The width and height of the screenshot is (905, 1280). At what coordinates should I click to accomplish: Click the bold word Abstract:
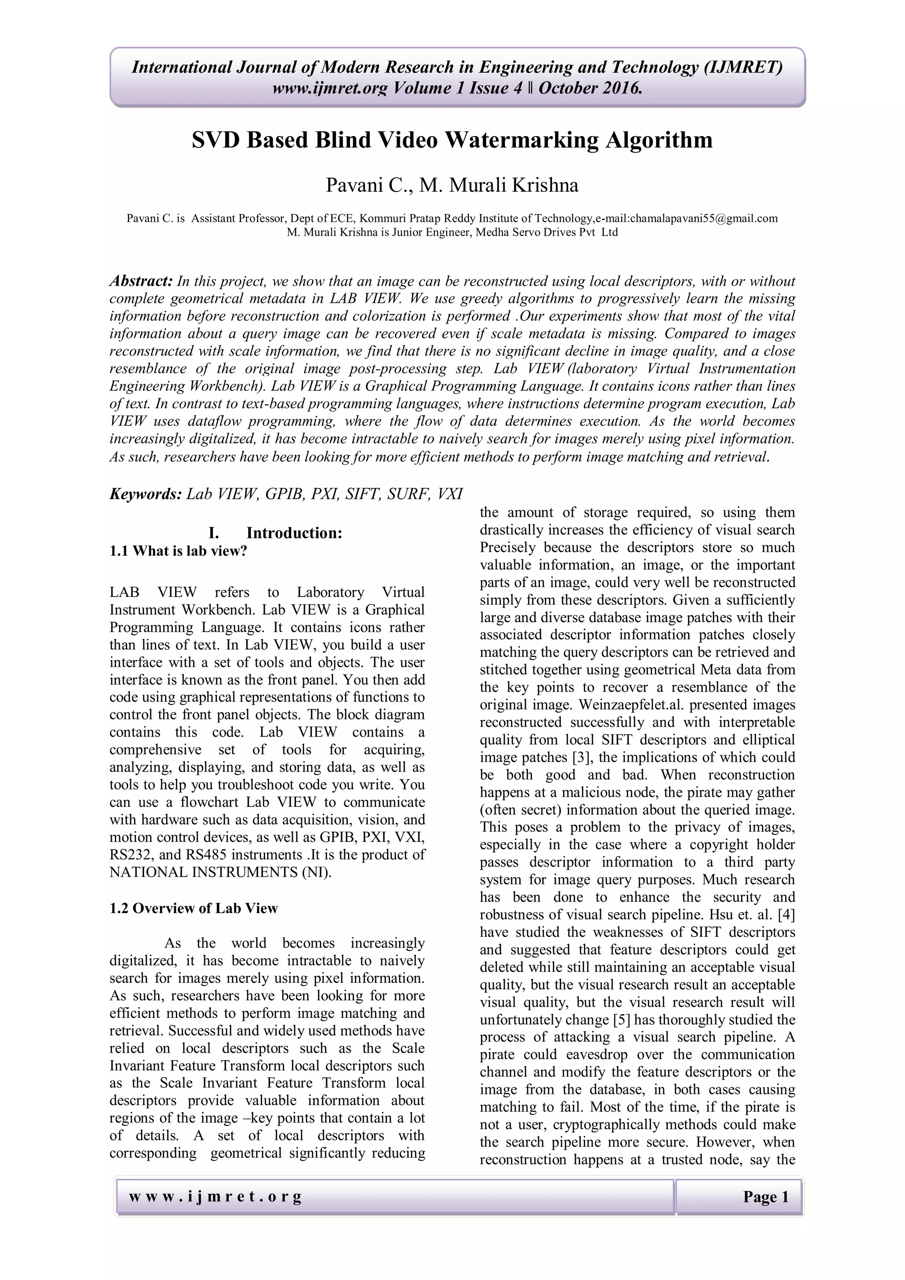tap(141, 281)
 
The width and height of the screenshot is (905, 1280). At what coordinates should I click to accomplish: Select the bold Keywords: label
tap(145, 494)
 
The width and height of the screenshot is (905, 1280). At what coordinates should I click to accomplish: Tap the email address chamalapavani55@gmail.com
tap(703, 218)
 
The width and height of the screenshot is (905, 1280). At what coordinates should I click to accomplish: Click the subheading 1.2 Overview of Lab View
tap(194, 908)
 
